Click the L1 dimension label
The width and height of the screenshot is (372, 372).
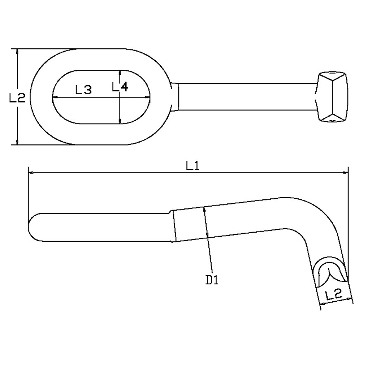pos(193,166)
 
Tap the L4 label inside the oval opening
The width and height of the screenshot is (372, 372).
pos(120,86)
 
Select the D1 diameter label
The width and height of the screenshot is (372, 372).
pos(212,280)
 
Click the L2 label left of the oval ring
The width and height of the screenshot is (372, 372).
pos(17,98)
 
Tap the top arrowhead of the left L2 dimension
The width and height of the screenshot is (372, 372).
pos(17,51)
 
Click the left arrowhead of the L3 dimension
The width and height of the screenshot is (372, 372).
pos(54,98)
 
